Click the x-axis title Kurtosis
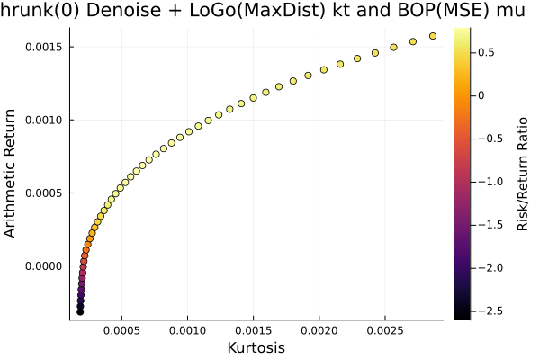click(x=256, y=347)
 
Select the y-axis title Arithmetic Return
click(x=12, y=173)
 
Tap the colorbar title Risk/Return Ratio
click(x=523, y=173)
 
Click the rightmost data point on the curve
click(x=433, y=36)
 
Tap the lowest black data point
click(x=80, y=311)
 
